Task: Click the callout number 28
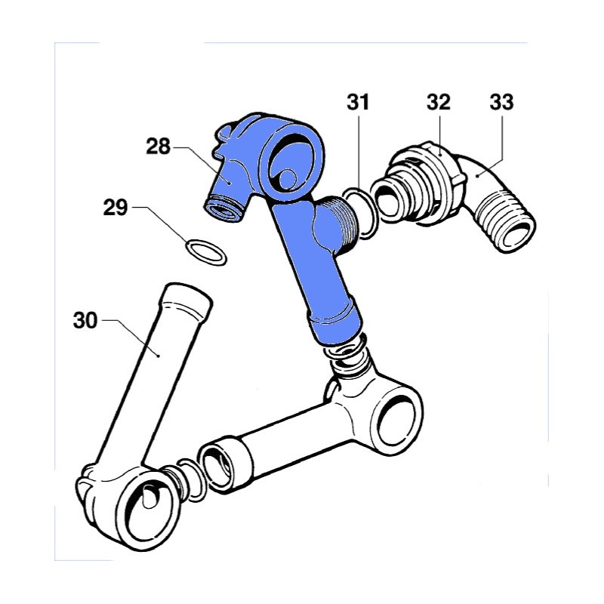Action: pos(158,146)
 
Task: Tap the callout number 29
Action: pos(116,208)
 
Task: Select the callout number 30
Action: pos(85,320)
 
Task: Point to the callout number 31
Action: pos(358,103)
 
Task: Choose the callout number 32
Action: pos(439,103)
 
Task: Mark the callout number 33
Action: pos(501,103)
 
